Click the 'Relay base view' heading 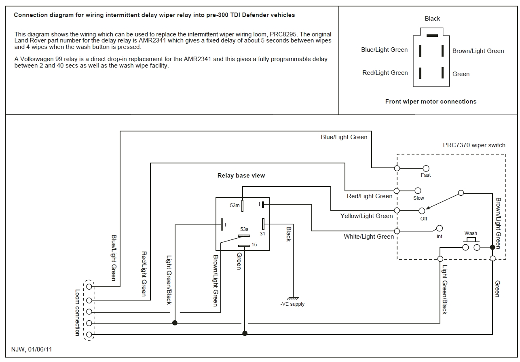(x=241, y=176)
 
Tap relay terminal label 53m (x=235, y=206)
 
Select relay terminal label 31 (x=262, y=233)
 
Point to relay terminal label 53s (x=244, y=229)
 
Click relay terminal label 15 (x=254, y=244)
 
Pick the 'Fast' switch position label (x=425, y=175)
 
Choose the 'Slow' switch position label (x=419, y=198)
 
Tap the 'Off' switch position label (x=423, y=219)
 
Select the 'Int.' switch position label (x=440, y=237)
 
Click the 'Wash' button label (x=471, y=233)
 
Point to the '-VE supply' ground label (x=292, y=304)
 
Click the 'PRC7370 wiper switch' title (x=474, y=145)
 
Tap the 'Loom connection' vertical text (x=78, y=312)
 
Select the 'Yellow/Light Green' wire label (x=366, y=216)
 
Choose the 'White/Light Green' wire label (x=368, y=237)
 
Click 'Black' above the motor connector (x=432, y=19)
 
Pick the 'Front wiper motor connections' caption (x=431, y=102)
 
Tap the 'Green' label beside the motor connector (x=461, y=74)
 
